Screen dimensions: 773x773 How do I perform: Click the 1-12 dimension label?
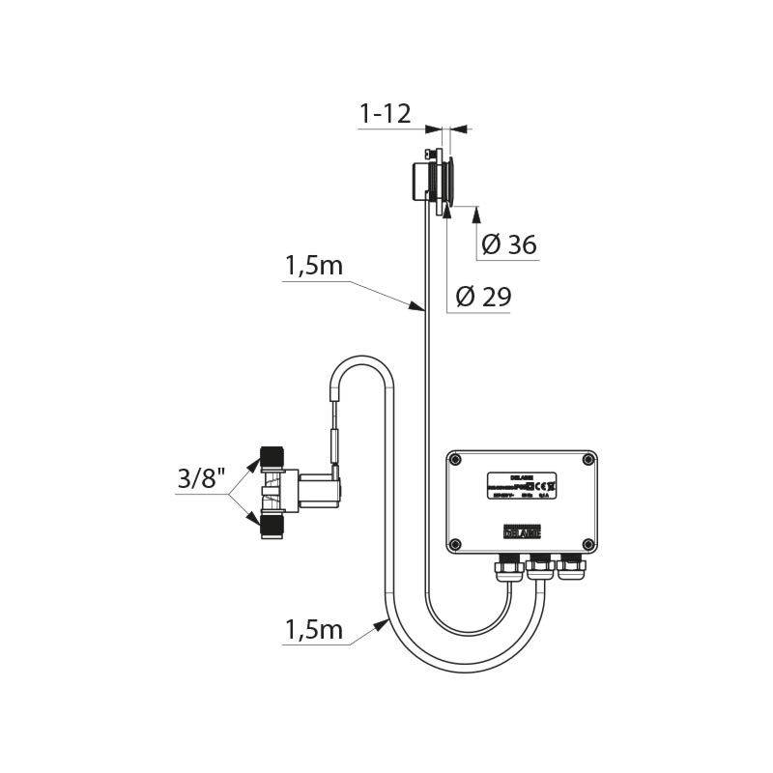[385, 114]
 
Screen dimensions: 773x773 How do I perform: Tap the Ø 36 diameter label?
[508, 245]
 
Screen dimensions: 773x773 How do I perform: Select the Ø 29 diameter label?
[482, 298]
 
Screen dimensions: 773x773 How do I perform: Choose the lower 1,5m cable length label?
[314, 630]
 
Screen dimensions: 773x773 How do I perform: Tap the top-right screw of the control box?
[588, 461]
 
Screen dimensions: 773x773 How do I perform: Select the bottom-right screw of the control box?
[588, 542]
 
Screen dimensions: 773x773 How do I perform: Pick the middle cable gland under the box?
[539, 568]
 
